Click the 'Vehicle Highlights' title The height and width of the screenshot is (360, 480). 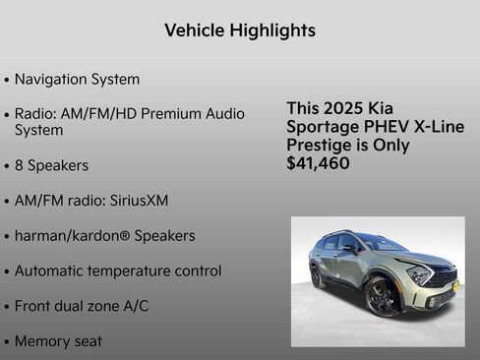coord(240,30)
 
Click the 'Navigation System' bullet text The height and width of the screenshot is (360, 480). coord(77,79)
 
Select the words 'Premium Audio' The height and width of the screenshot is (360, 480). coord(194,113)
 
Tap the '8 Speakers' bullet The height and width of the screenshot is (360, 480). coord(51,165)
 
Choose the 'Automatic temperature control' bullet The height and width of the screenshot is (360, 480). coord(117,270)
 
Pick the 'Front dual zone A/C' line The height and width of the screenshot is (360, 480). coord(82,306)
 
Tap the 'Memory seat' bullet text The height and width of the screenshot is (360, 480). coord(58,341)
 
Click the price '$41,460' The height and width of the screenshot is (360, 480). coord(318,163)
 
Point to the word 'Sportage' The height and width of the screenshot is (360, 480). coord(324,127)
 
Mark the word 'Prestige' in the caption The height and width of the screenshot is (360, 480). coord(320,145)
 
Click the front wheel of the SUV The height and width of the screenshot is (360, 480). coord(383,296)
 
